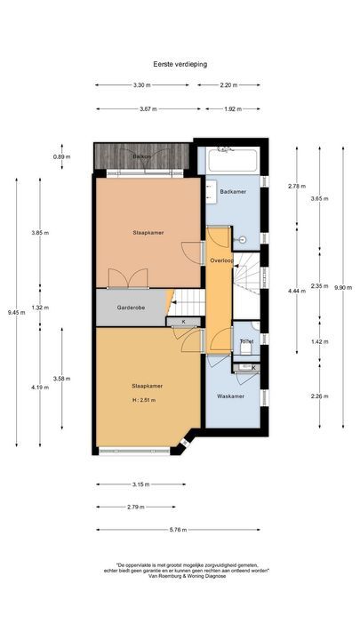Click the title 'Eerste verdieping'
(180, 64)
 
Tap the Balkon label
(141, 156)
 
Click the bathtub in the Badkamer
(232, 163)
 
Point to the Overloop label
(220, 260)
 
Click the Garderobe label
(131, 308)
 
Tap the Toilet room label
(246, 341)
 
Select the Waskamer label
(231, 396)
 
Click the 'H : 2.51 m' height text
(141, 401)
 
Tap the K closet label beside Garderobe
(184, 320)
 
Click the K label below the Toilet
(253, 367)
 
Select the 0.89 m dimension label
(60, 156)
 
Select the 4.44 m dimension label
(296, 291)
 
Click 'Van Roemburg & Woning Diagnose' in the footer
(180, 577)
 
